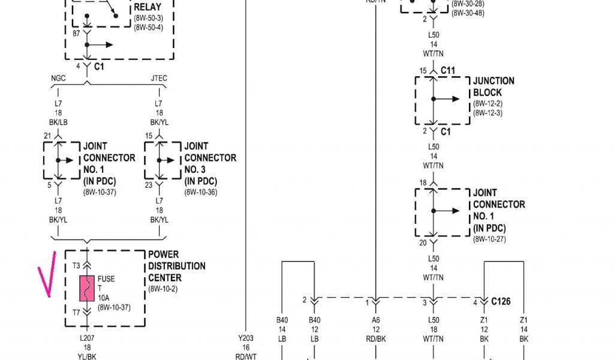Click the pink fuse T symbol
click(x=88, y=289)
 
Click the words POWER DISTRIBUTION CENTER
click(x=176, y=266)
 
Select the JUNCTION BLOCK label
click(x=493, y=86)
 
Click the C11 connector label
click(x=448, y=70)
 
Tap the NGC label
click(x=58, y=77)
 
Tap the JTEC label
click(x=159, y=77)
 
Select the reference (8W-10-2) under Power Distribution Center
click(x=164, y=289)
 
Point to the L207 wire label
click(x=88, y=338)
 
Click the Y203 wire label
click(x=246, y=338)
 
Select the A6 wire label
click(x=375, y=320)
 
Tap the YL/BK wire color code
click(x=88, y=356)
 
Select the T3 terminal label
click(x=76, y=266)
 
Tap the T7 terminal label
click(x=76, y=312)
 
